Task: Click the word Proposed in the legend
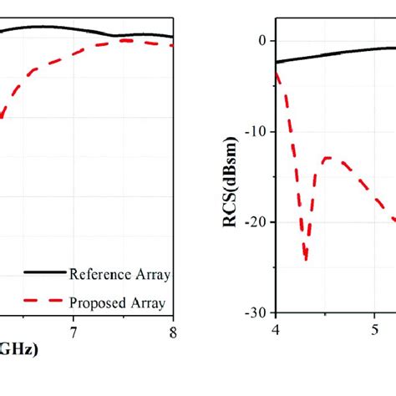(x=95, y=302)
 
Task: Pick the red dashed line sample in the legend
(x=42, y=302)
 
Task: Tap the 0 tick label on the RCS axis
(x=261, y=41)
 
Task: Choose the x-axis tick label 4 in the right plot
(x=276, y=328)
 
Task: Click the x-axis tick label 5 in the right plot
(x=375, y=328)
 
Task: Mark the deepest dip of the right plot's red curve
(x=306, y=258)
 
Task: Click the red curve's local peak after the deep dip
(x=327, y=157)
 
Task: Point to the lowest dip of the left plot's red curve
(x=3, y=117)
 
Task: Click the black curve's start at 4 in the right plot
(x=277, y=62)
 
